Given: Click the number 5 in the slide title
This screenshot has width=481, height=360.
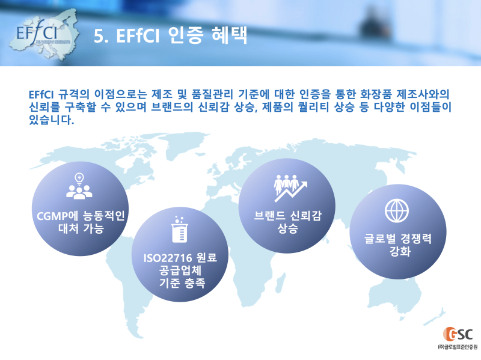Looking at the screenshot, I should tap(100, 36).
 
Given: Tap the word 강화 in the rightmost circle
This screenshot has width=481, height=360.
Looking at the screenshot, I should tap(397, 252).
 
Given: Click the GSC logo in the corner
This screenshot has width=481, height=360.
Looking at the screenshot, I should tap(458, 334).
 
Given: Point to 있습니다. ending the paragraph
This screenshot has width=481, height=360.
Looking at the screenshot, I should tap(51, 121).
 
